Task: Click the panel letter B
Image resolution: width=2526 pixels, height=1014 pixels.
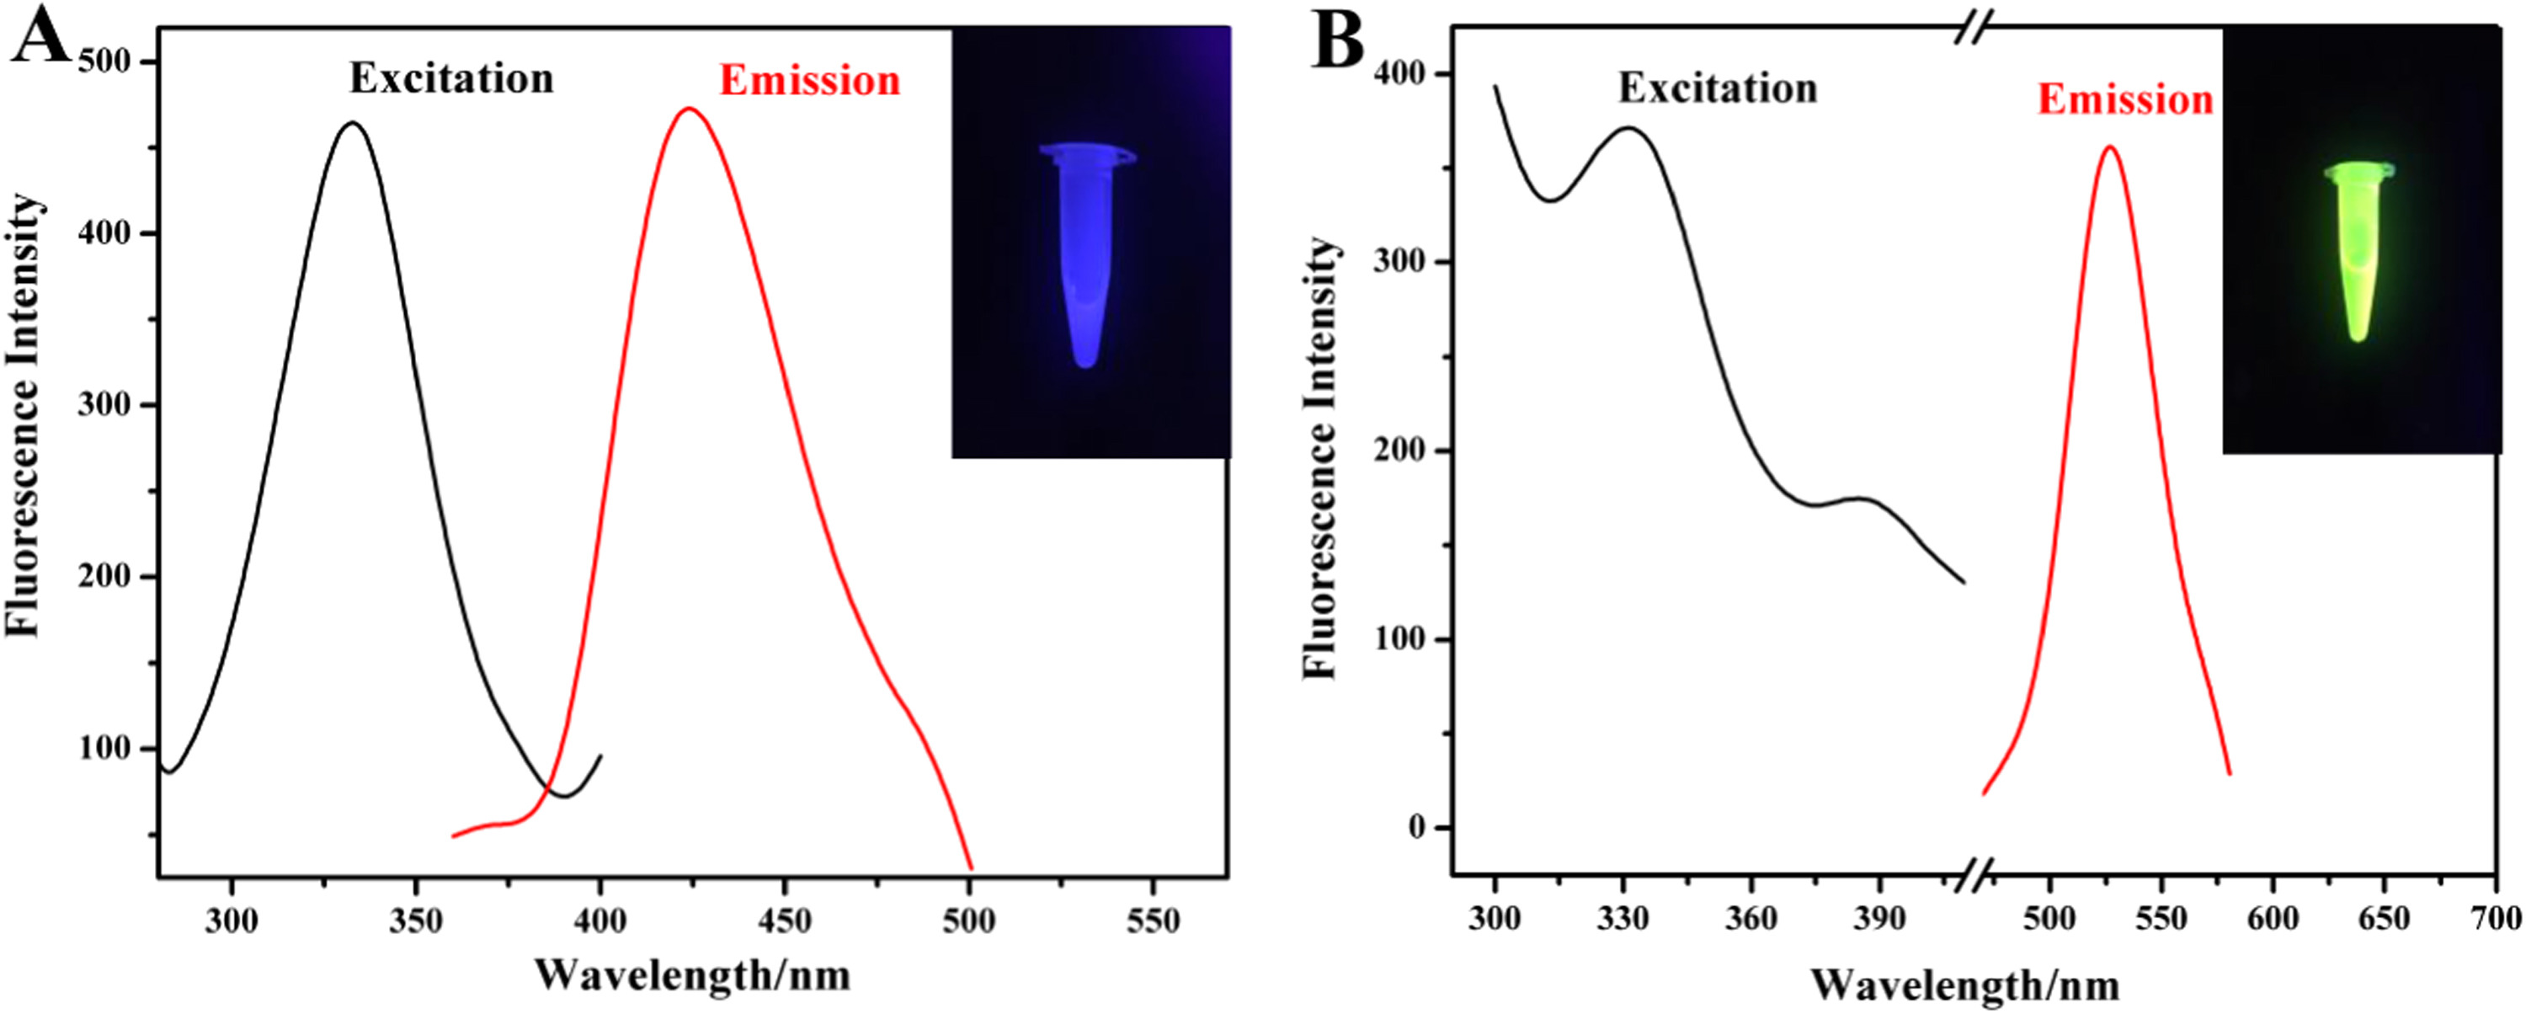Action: (1338, 44)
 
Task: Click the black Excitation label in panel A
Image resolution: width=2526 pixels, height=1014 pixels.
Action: (451, 79)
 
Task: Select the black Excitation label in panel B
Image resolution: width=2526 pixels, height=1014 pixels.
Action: (1717, 89)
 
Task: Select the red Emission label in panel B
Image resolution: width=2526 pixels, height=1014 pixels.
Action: (2125, 100)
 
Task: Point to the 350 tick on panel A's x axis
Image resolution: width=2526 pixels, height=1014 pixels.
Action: (416, 921)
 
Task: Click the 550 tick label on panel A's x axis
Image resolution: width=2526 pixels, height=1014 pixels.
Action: (1154, 921)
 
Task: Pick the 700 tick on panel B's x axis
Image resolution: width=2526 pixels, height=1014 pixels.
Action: (2496, 919)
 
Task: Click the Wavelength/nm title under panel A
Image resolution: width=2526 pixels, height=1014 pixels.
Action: (692, 974)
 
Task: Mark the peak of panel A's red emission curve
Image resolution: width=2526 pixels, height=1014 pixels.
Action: (690, 109)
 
